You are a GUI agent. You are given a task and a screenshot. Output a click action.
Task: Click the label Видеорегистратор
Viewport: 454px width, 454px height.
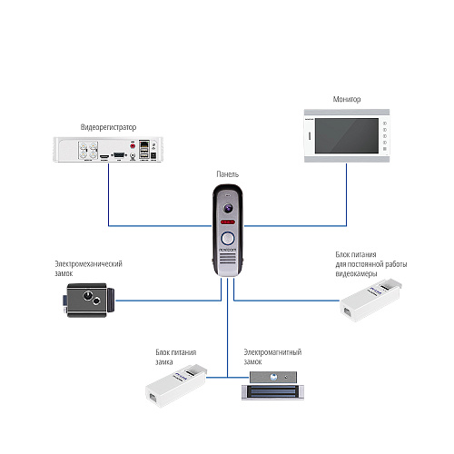[x=108, y=127]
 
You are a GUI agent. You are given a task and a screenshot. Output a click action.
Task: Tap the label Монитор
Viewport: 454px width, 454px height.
[x=347, y=99]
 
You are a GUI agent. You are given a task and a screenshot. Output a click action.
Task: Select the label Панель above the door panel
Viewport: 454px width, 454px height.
[x=228, y=174]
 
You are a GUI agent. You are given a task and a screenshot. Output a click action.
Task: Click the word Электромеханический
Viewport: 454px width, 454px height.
[x=88, y=263]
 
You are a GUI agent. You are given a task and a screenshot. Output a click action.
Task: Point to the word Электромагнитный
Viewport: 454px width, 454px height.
[x=272, y=352]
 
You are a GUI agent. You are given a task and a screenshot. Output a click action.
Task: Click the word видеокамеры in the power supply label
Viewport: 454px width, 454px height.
[x=356, y=273]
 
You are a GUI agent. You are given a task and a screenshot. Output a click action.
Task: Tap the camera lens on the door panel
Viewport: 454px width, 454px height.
[x=228, y=208]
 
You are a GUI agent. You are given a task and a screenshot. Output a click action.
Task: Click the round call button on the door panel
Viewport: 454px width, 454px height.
[x=228, y=238]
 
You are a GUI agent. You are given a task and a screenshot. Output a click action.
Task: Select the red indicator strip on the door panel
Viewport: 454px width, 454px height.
[x=228, y=222]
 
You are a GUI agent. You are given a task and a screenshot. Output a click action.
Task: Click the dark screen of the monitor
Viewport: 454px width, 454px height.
[x=347, y=136]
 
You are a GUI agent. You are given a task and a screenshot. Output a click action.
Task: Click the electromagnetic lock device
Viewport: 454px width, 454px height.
[x=272, y=386]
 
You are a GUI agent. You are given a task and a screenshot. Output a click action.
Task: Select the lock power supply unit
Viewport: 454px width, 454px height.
[x=176, y=386]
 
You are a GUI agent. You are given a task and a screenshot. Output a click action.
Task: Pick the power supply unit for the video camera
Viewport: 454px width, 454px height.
[x=370, y=300]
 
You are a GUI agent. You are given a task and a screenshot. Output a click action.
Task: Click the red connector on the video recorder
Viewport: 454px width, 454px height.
[x=133, y=146]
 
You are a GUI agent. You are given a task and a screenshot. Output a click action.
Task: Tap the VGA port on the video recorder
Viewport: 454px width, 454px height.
[x=119, y=155]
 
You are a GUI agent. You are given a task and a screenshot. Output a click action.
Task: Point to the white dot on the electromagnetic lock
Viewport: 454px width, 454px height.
[x=274, y=377]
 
